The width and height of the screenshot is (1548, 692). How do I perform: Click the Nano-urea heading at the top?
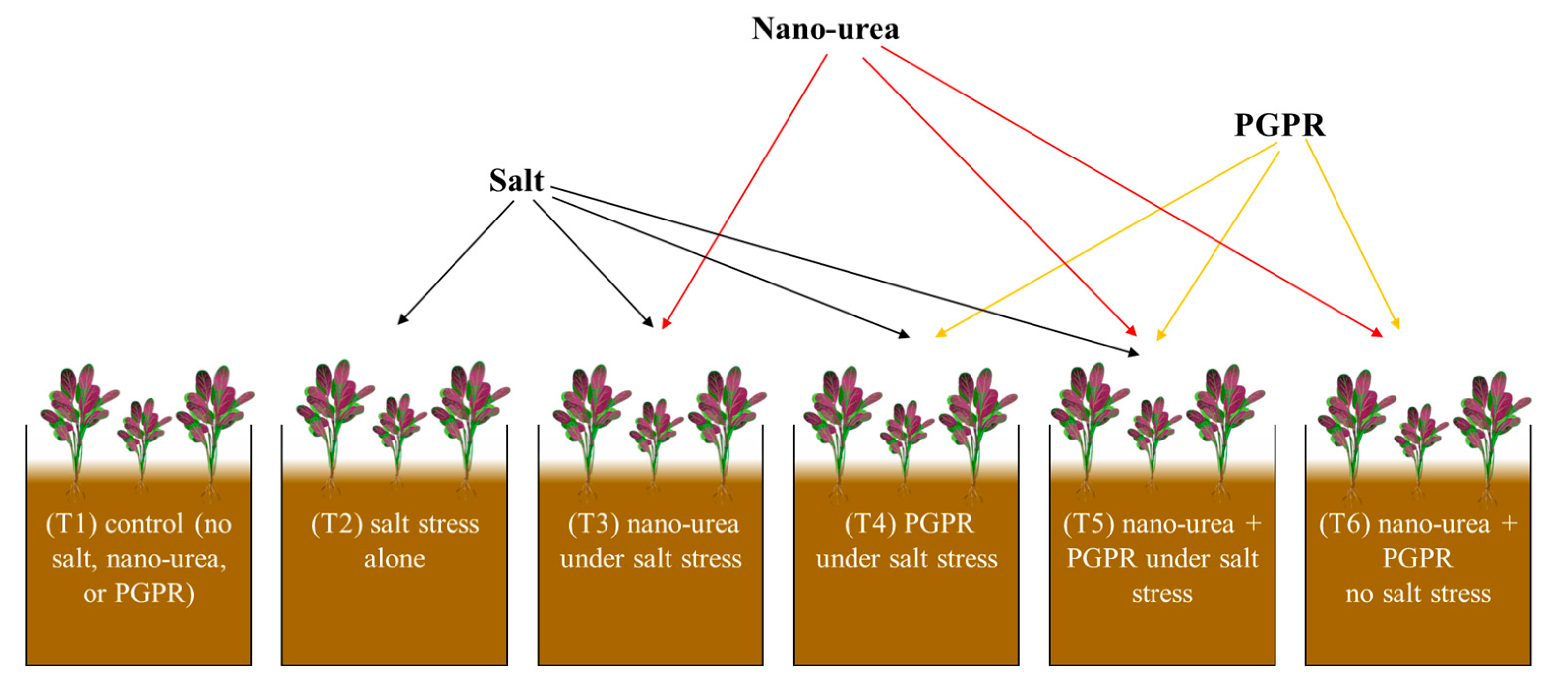click(x=824, y=29)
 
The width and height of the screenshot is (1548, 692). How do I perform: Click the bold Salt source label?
click(x=516, y=180)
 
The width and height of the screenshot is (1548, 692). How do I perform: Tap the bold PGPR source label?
click(x=1279, y=125)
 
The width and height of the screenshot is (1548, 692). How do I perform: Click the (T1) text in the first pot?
click(x=71, y=524)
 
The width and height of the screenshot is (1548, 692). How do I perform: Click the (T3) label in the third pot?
click(x=593, y=524)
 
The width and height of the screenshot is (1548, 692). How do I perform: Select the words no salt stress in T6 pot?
click(x=1418, y=594)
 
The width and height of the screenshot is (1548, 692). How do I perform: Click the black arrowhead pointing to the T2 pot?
click(x=401, y=320)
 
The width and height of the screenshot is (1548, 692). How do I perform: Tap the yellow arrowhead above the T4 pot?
click(x=941, y=333)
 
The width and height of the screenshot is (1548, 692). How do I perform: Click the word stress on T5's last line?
click(x=1161, y=594)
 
